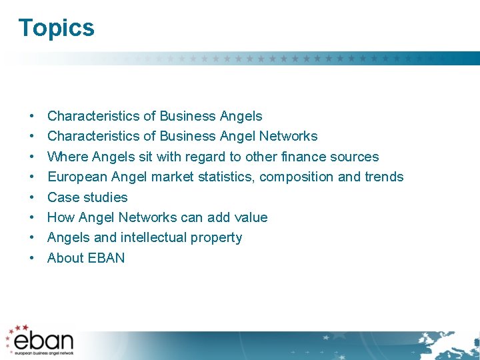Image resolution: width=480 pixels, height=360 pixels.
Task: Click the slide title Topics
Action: tap(57, 28)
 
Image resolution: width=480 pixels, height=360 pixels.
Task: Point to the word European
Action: tap(77, 177)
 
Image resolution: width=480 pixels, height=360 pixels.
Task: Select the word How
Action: tap(61, 217)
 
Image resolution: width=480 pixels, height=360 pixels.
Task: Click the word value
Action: tap(250, 217)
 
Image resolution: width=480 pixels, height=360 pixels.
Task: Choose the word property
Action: tap(217, 238)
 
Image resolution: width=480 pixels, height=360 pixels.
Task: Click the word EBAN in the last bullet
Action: tap(107, 258)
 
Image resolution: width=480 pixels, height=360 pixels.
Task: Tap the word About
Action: tap(65, 258)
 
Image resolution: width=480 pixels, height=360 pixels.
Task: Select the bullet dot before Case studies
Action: tap(32, 197)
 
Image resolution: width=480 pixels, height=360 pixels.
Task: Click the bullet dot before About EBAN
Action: tap(32, 258)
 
